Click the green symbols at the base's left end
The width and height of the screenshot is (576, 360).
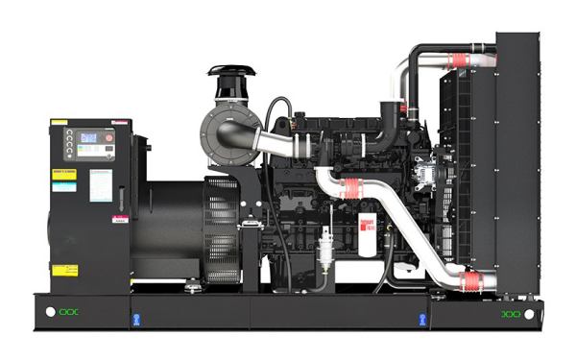pyautogui.click(x=71, y=312)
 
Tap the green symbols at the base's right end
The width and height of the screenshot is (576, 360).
pyautogui.click(x=512, y=314)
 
